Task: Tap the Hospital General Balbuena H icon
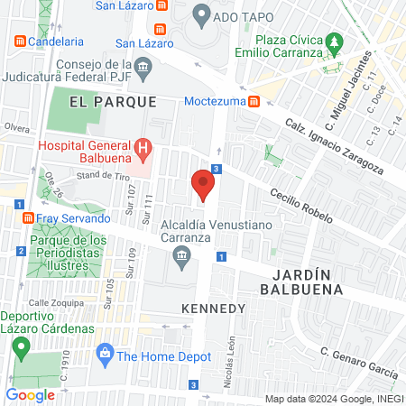click(141, 147)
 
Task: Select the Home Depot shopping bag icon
click(106, 350)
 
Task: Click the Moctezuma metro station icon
click(255, 101)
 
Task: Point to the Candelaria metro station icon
click(19, 41)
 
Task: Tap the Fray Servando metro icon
click(28, 218)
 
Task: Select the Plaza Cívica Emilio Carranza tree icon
click(335, 42)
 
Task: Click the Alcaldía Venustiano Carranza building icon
click(181, 258)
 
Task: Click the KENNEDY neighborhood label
click(213, 309)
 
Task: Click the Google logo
click(30, 394)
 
